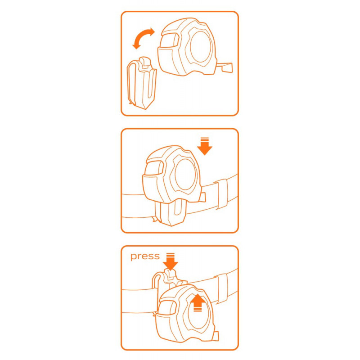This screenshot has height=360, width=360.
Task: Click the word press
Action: tap(145, 256)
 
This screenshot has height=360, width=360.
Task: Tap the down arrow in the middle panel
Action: tap(205, 146)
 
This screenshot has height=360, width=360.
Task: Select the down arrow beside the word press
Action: tap(171, 261)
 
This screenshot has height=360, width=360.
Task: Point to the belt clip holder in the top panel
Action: tap(142, 83)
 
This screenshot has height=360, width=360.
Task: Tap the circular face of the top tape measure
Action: tap(200, 47)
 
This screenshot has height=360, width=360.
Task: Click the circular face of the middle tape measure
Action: tap(185, 175)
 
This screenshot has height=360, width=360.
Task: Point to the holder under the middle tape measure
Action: tap(170, 213)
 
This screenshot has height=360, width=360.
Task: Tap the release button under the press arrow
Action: tap(170, 274)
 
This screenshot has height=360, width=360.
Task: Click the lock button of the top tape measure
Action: tap(170, 40)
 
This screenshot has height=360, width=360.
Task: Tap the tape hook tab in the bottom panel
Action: tap(216, 336)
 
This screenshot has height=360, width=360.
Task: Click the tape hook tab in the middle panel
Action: tap(202, 197)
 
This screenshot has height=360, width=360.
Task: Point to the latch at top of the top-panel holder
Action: tap(145, 63)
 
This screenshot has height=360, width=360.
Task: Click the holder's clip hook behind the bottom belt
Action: tap(156, 283)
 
